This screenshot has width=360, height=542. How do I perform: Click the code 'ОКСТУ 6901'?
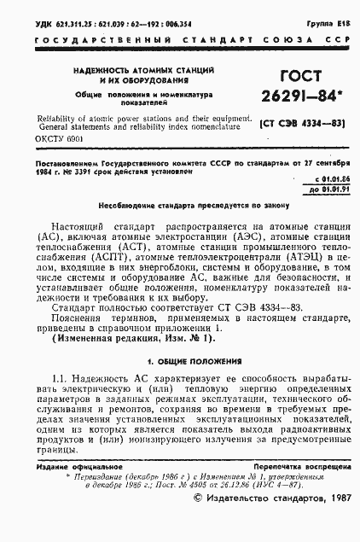pyautogui.click(x=61, y=138)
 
